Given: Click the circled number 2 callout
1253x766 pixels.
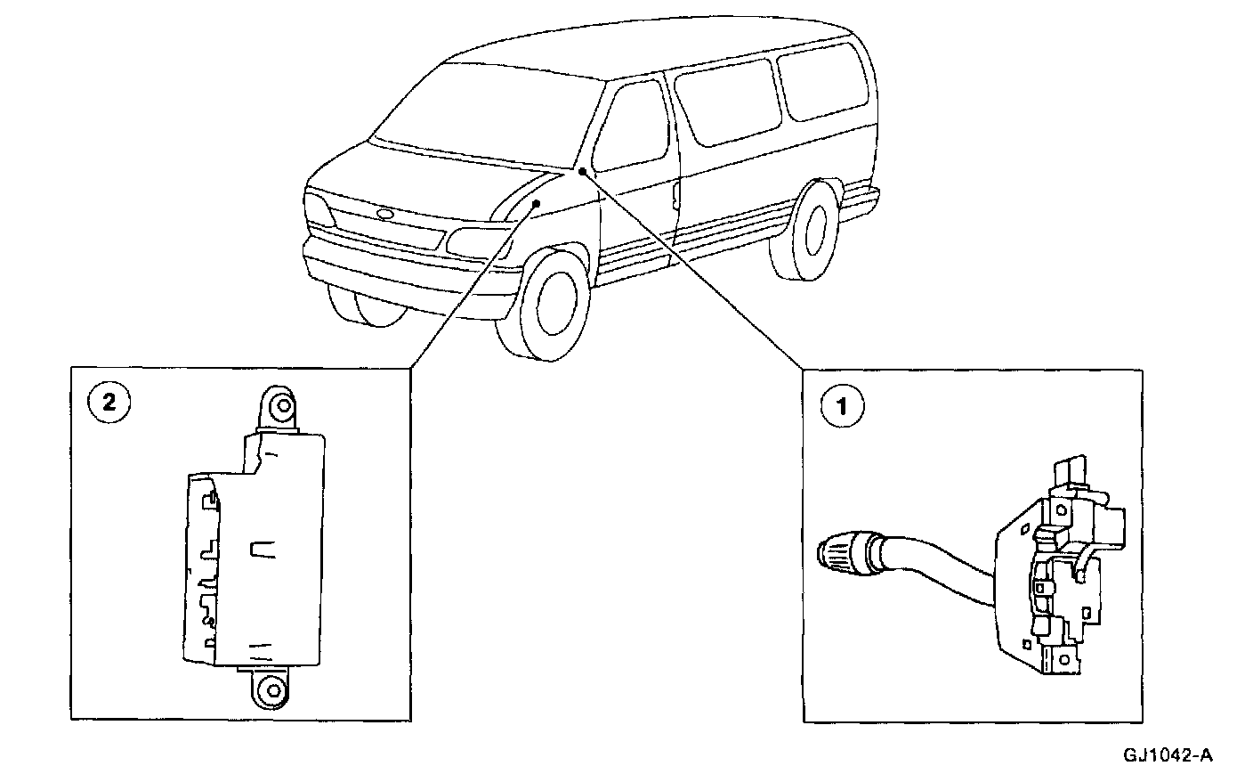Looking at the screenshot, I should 109,403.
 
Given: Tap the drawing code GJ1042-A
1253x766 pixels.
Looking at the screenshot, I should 1167,754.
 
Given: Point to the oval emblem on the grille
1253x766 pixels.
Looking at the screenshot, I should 384,214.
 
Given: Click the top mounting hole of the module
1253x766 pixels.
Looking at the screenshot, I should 282,406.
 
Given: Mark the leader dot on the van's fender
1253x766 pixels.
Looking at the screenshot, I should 537,204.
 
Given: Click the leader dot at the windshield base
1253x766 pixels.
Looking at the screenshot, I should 580,172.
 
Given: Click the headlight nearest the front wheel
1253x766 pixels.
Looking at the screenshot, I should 472,241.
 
